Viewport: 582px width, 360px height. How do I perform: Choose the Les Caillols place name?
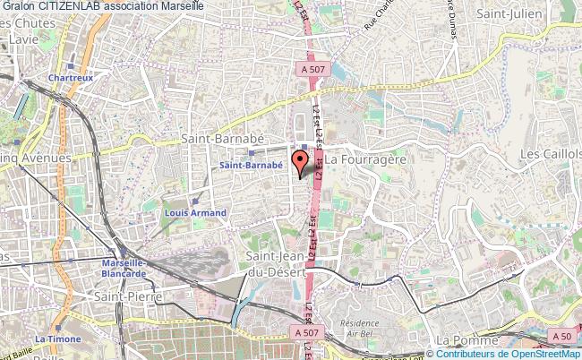tap(551, 155)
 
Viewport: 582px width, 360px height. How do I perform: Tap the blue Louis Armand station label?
tap(194, 213)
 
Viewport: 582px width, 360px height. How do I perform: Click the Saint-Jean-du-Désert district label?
tap(278, 264)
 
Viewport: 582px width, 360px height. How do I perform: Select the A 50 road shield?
tap(561, 336)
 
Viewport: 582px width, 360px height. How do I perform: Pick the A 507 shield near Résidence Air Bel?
tap(306, 332)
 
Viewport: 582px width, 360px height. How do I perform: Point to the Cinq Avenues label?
tap(34, 158)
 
